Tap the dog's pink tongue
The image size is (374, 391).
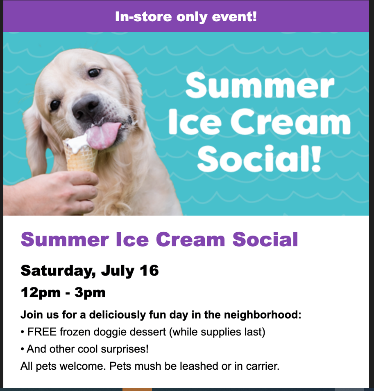click(x=102, y=135)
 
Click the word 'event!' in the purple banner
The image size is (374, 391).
click(x=234, y=17)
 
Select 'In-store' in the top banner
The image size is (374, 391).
click(x=143, y=17)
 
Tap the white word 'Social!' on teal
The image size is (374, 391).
click(x=259, y=159)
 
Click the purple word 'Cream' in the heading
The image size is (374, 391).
click(x=190, y=239)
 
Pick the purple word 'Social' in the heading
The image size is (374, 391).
click(x=265, y=239)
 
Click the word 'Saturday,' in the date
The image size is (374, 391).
click(x=58, y=271)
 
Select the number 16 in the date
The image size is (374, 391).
click(x=149, y=270)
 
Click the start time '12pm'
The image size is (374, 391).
click(x=41, y=292)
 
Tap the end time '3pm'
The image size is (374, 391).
click(x=90, y=292)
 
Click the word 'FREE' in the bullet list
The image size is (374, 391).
click(x=42, y=332)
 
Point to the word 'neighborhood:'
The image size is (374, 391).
click(x=263, y=315)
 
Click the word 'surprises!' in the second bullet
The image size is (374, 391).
click(x=125, y=349)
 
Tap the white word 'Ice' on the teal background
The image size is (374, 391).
click(x=195, y=122)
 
